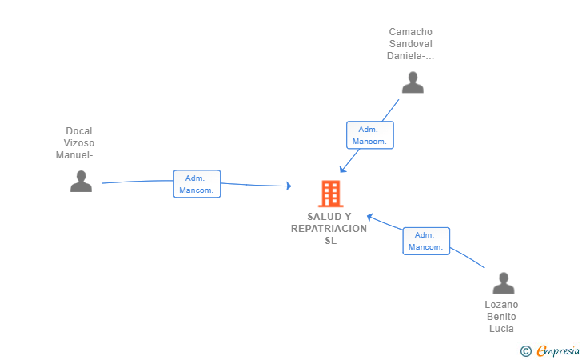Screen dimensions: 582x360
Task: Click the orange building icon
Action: tap(331, 194)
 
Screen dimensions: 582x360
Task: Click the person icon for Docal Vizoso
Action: tap(81, 182)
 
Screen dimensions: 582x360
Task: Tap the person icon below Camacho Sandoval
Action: tap(413, 82)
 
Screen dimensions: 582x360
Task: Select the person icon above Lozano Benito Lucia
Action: tap(504, 283)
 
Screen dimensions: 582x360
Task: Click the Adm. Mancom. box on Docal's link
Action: tap(197, 184)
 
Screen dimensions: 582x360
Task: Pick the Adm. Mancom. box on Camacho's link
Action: tap(369, 135)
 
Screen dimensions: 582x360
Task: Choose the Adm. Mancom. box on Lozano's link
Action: tap(426, 241)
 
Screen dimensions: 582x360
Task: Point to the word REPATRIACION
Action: tap(329, 229)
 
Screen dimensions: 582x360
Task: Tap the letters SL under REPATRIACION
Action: tap(331, 241)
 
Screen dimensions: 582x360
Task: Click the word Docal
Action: tap(78, 131)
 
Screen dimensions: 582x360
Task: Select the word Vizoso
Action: tap(78, 143)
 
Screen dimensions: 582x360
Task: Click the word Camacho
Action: tap(411, 32)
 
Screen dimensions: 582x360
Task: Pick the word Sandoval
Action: tap(411, 44)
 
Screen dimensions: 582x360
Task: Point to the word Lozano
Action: tap(501, 305)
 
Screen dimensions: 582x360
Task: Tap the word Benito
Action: tap(501, 317)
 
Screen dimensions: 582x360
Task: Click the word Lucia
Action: tap(501, 329)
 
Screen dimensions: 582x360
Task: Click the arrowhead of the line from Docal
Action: tap(289, 186)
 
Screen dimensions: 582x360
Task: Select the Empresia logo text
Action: tap(558, 350)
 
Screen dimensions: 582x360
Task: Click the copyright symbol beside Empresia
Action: tap(526, 351)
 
